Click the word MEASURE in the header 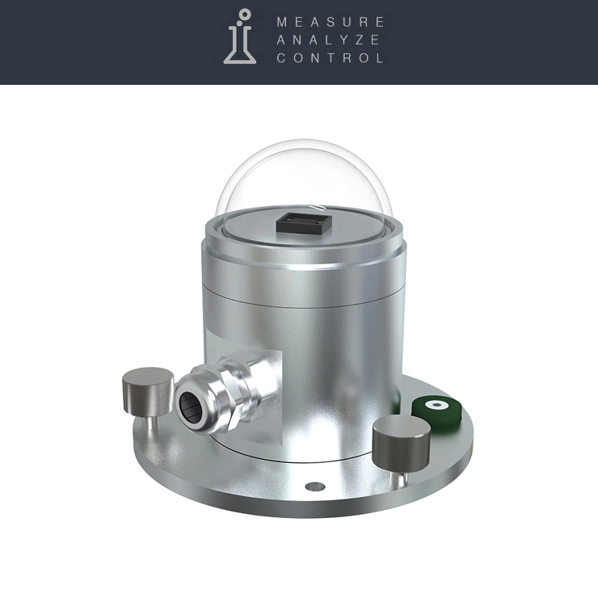(330, 22)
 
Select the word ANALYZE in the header (328, 40)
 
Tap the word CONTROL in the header (330, 58)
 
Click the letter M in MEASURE (282, 22)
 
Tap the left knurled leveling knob (147, 383)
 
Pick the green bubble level (436, 406)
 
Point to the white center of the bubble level (437, 404)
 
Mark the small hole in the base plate (315, 486)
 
